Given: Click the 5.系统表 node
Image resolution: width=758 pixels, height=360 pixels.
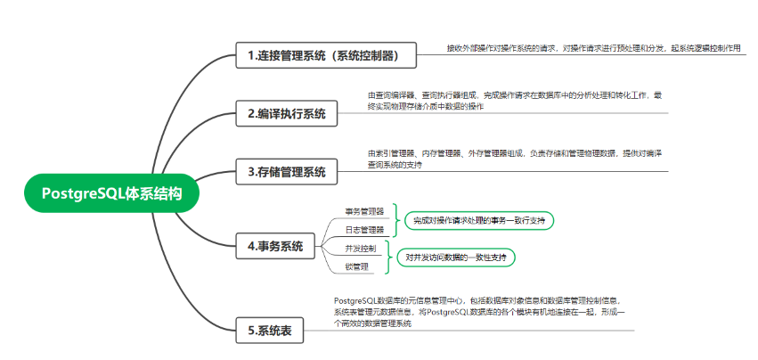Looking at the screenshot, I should click(272, 331).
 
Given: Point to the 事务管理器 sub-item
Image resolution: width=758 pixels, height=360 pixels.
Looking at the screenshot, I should click(364, 212).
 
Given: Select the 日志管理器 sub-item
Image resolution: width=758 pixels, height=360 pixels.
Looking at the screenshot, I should click(364, 229).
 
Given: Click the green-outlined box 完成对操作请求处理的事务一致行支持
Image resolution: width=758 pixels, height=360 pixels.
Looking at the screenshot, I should click(479, 219).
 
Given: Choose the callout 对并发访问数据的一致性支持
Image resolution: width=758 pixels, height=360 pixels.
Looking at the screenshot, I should click(455, 257).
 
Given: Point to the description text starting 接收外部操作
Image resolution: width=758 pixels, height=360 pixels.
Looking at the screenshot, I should click(593, 48).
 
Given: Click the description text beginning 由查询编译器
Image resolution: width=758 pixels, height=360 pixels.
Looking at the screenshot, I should click(515, 101).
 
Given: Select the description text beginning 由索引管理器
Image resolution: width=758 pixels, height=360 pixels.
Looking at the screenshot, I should click(515, 159).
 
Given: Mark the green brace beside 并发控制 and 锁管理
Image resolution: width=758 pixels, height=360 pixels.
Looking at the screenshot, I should click(388, 257).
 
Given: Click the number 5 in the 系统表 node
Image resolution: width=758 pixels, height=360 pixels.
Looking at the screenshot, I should click(251, 331).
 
